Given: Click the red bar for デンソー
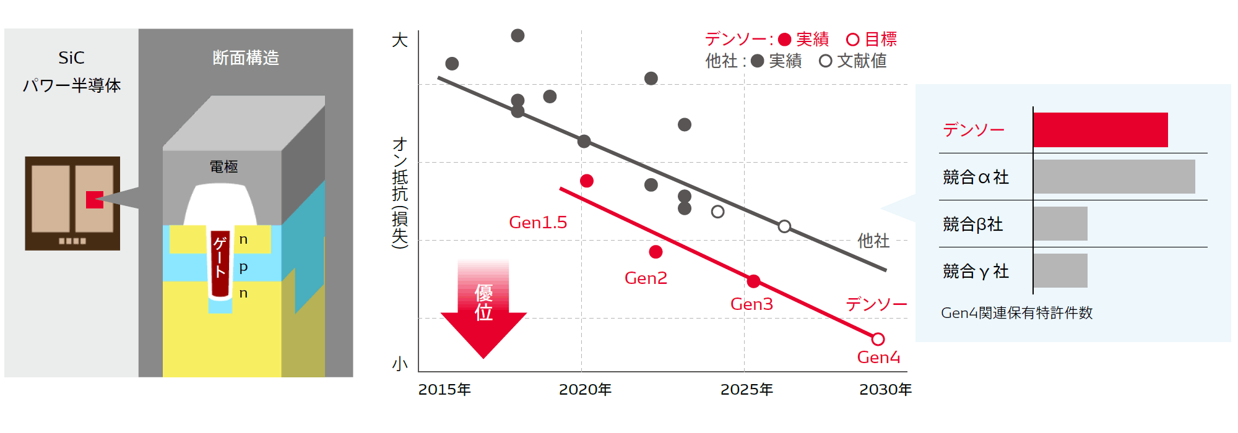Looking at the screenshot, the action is [1101, 130].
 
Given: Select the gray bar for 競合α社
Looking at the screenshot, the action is [1114, 177].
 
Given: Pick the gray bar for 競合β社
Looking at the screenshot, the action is [1060, 223].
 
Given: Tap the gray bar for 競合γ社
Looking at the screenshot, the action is [1060, 270].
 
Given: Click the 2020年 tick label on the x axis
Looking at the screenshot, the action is [585, 390].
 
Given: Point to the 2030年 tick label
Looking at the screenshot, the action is [886, 390].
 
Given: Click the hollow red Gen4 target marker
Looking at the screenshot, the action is [878, 339].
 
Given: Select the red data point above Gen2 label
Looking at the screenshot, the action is [656, 252].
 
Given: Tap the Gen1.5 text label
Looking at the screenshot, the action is [538, 223].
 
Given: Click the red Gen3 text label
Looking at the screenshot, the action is [751, 304].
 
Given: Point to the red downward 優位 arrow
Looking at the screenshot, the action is [483, 309].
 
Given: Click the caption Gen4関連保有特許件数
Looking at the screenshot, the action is [1016, 313].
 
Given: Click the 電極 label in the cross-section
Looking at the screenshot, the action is [223, 166].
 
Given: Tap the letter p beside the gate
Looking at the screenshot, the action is [243, 267].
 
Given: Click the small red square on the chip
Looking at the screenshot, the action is [95, 200].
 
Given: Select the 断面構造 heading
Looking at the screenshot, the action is [246, 58].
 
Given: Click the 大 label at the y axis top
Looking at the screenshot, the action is [400, 41].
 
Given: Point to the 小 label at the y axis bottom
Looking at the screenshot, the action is [400, 364].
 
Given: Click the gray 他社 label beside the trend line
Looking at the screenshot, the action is [873, 241].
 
